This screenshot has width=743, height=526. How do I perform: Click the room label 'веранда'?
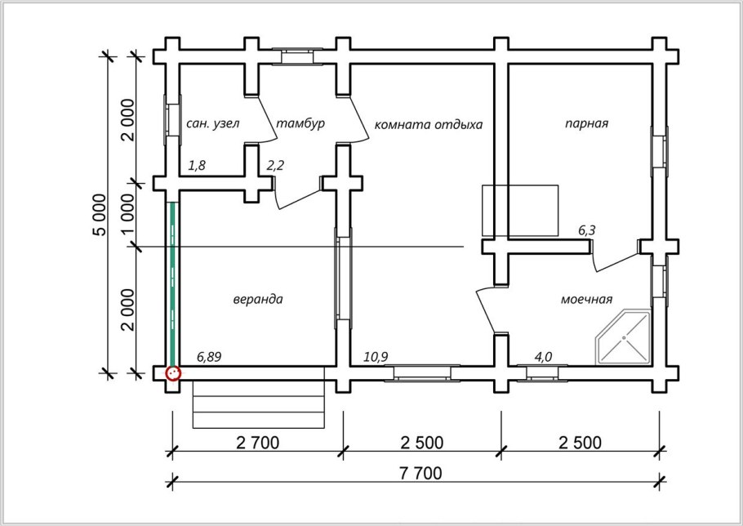coord(258,300)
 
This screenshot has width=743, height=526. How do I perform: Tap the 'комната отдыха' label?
coord(429,125)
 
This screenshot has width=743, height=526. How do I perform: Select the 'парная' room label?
coord(586,123)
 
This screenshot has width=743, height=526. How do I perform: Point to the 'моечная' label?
coord(586,300)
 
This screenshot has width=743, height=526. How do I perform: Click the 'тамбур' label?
coord(300,123)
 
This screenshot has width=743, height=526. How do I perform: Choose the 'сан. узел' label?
coord(213,123)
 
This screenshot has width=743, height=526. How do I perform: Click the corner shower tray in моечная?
coord(624,337)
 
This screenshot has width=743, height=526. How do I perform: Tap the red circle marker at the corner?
coord(173,373)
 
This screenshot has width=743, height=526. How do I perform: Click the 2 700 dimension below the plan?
coord(258,442)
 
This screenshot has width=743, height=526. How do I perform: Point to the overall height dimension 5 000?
coord(100,214)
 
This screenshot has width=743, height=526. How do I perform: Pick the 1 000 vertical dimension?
coord(128,214)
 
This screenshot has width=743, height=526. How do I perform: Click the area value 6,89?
coord(209,357)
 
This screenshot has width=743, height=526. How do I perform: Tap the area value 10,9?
coord(376,357)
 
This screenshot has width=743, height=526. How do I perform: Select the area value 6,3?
coord(586,231)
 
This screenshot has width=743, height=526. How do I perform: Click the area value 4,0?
coord(543,357)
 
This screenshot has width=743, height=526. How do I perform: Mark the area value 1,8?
coord(197,166)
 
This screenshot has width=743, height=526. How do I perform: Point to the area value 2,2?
coord(275,166)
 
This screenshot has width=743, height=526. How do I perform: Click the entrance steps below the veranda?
coord(259,403)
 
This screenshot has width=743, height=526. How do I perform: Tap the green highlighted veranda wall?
coord(173,284)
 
